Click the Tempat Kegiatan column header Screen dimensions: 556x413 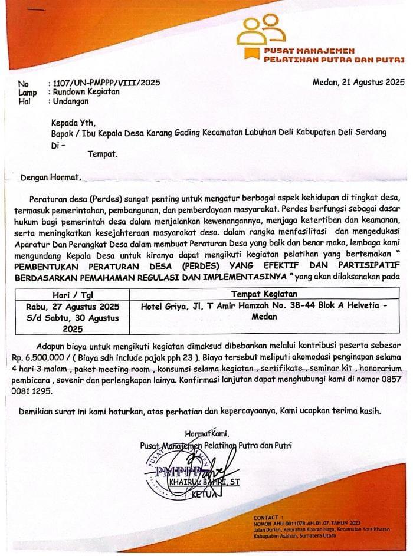(264, 294)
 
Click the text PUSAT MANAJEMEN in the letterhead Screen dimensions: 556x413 (303, 52)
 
